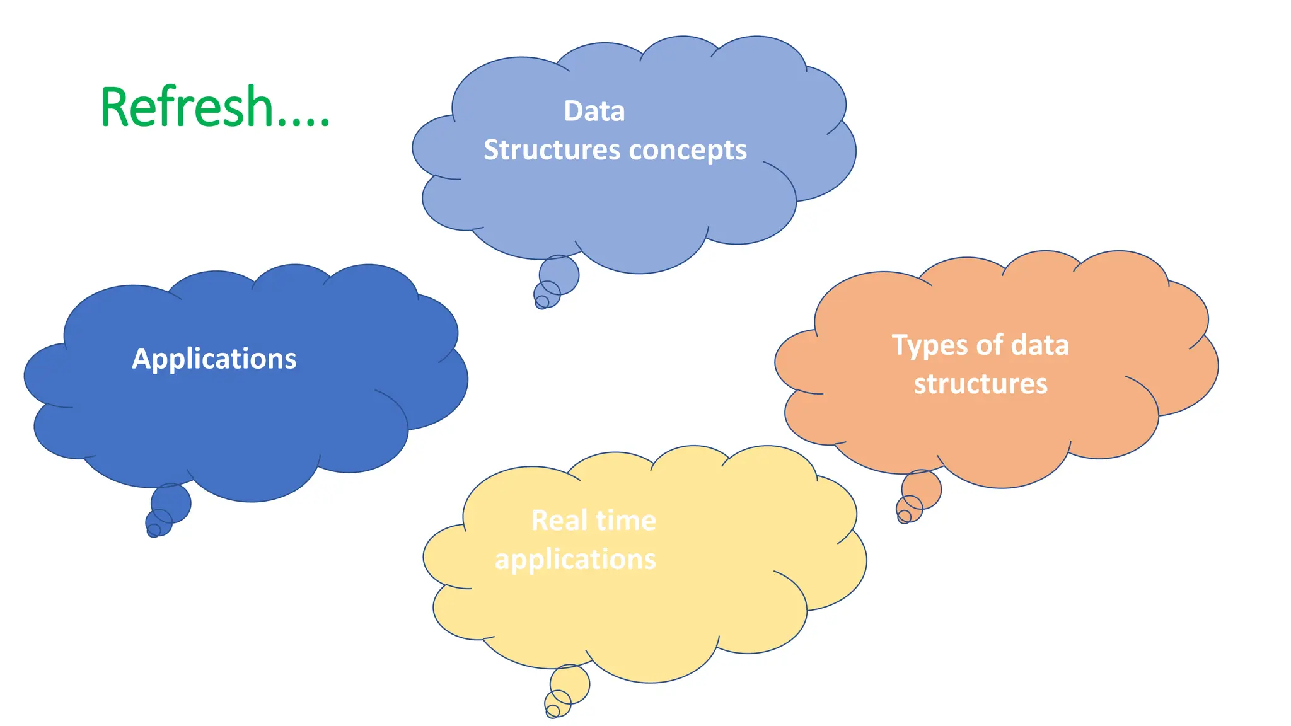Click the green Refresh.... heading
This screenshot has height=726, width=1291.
(214, 107)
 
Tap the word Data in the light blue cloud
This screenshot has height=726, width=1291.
(594, 112)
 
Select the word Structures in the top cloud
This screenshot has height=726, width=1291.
(552, 151)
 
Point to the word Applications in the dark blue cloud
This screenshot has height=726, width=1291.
(214, 359)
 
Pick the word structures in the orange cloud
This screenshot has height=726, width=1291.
(980, 384)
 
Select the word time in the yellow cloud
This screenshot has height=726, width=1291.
(625, 521)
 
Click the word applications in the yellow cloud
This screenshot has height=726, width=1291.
(575, 560)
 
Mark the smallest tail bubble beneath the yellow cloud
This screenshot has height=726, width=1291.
(552, 712)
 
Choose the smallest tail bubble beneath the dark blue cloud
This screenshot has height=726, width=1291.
(153, 531)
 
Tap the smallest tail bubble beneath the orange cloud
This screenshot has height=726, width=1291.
(904, 517)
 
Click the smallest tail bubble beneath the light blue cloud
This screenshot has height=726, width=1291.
(541, 303)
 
